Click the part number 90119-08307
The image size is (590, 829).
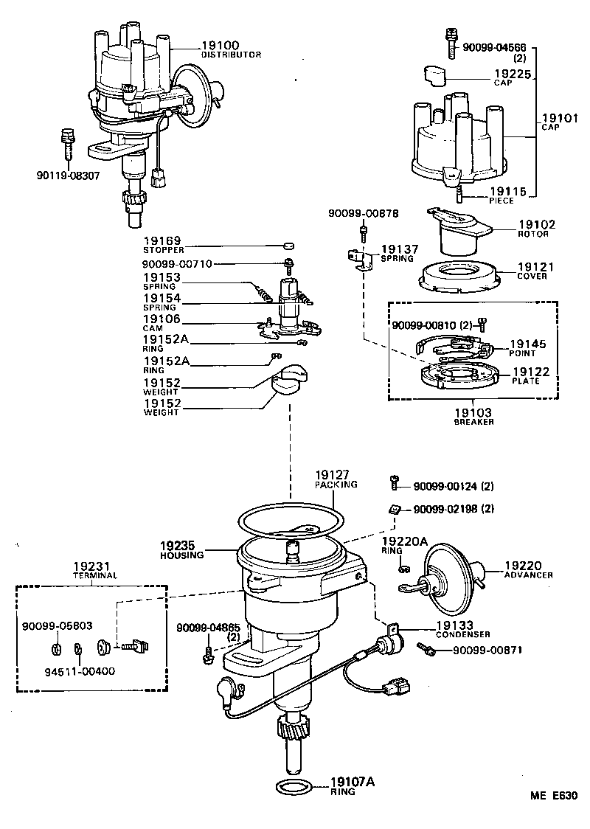tap(68, 176)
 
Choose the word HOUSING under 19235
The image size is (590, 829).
tap(181, 555)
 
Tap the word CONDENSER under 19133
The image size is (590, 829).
tap(462, 634)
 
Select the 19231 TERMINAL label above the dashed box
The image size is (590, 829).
tap(92, 570)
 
